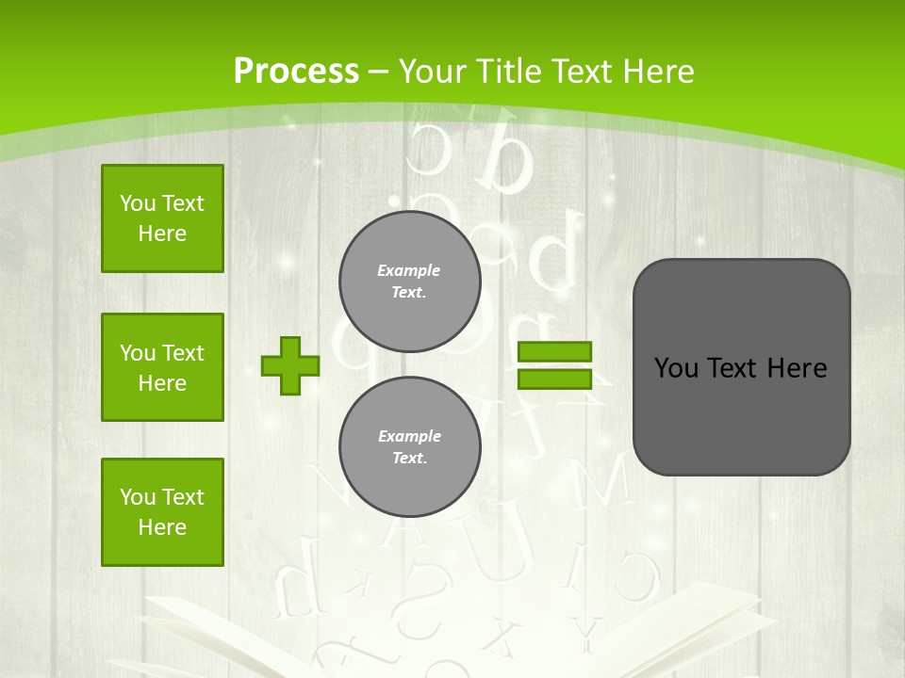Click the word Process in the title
click(296, 71)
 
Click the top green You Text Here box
click(162, 218)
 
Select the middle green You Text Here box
click(162, 367)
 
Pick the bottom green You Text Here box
click(162, 512)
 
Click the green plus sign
click(290, 365)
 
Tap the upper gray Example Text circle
click(410, 282)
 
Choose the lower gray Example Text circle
click(410, 447)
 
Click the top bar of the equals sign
click(555, 352)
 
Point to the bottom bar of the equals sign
click(555, 379)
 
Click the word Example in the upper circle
click(409, 270)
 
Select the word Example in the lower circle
click(409, 436)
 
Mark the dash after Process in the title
click(378, 71)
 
